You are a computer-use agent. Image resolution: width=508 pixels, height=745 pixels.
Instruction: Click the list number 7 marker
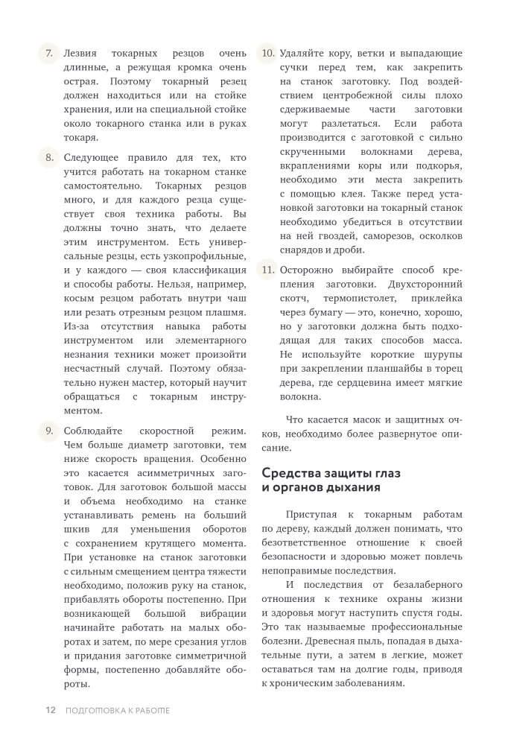point(48,54)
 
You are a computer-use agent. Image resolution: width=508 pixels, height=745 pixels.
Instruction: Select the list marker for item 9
point(48,431)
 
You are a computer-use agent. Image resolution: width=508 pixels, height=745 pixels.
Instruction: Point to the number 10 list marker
point(267,54)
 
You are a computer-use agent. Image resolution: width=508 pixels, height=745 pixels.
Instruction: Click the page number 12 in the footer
point(51,710)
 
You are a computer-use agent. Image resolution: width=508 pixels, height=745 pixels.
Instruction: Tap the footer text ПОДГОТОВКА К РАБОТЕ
point(118,710)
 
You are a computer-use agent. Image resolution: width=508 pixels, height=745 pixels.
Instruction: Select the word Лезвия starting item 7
point(81,54)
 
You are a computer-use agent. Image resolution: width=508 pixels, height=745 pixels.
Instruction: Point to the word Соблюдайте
point(93,431)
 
